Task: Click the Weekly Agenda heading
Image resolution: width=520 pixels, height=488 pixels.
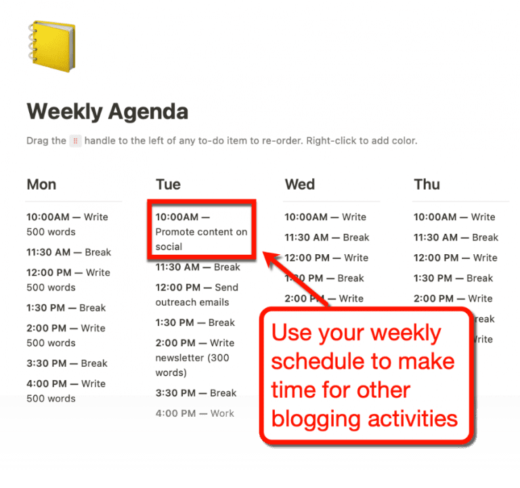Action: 107,111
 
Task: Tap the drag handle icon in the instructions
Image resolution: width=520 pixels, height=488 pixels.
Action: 76,141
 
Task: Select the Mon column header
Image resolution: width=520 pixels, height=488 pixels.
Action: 41,184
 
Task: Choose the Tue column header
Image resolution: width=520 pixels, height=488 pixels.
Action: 168,184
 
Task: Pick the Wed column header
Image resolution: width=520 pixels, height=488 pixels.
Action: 299,184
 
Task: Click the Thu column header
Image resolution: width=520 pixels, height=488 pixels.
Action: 427,184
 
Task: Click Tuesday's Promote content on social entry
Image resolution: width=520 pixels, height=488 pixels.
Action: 201,232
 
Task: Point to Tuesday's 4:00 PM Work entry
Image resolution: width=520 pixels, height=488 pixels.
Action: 195,413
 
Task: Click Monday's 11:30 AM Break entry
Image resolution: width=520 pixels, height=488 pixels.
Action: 68,252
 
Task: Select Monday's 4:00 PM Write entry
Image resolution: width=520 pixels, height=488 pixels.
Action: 66,391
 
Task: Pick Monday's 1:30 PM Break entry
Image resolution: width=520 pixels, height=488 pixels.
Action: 66,308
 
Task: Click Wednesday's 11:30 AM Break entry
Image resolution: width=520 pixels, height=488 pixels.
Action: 327,237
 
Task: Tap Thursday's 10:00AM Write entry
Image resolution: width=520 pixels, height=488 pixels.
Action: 454,217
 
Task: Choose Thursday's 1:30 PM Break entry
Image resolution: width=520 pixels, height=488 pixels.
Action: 453,278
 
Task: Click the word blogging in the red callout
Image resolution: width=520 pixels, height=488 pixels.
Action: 315,418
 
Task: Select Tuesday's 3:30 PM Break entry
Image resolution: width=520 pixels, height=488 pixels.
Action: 196,393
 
